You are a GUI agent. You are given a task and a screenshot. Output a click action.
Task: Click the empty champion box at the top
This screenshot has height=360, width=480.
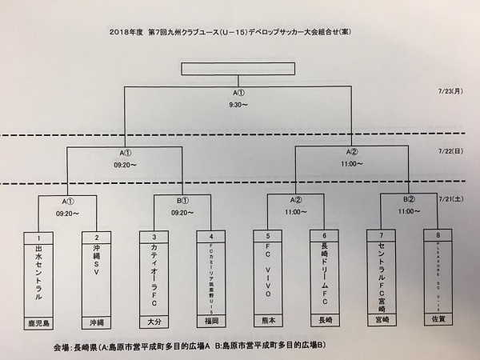pos(240,69)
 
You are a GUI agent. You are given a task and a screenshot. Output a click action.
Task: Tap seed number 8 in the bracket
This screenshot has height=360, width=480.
pos(439,237)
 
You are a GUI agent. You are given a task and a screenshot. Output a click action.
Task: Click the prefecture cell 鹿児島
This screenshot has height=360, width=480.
pos(38,326)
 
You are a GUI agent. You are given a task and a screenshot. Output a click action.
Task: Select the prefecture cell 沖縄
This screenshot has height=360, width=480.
pos(96,326)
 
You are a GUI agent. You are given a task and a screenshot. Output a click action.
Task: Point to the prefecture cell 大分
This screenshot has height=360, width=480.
pos(153,326)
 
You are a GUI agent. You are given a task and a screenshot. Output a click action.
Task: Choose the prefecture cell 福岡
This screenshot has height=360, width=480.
pos(211,326)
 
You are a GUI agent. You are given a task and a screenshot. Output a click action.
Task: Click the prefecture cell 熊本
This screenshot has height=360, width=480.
pos(267,326)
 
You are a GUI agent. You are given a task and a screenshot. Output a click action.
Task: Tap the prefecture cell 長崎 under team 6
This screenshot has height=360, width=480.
pos(325,326)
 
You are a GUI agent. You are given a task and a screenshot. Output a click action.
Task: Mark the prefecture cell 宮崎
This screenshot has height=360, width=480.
pos(382,325)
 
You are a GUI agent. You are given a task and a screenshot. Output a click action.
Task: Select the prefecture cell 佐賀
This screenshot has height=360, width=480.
pos(439,325)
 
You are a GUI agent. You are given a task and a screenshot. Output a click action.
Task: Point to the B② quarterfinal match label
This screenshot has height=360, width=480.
pos(409,200)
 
